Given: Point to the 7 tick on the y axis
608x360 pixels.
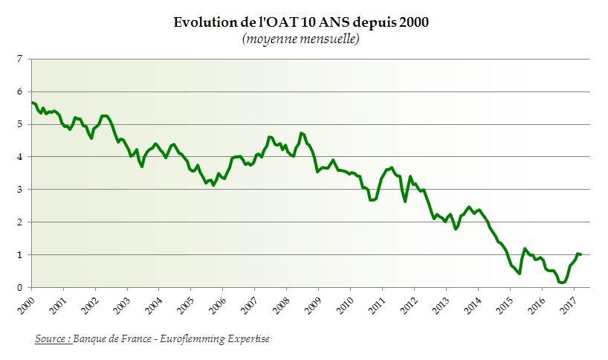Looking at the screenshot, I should (x=19, y=59).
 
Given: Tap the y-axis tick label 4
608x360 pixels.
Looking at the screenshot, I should (x=19, y=157).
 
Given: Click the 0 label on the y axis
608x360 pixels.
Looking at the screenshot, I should (x=19, y=288).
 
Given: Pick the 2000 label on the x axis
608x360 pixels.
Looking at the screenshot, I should (x=28, y=305).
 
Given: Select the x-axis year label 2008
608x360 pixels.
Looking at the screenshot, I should (x=282, y=305).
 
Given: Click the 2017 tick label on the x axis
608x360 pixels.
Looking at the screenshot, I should (x=569, y=305).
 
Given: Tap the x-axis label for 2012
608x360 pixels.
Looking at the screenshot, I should (x=410, y=305).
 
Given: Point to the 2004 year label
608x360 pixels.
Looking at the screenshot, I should (x=155, y=305).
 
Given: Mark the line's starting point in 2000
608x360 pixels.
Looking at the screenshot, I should (x=32, y=103).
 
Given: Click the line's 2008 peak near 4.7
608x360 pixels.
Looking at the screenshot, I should (x=301, y=133).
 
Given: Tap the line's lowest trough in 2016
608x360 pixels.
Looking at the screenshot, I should (x=562, y=283).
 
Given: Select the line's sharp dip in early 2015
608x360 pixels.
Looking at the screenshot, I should (x=519, y=274).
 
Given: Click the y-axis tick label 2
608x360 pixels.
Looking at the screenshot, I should (x=19, y=222).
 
